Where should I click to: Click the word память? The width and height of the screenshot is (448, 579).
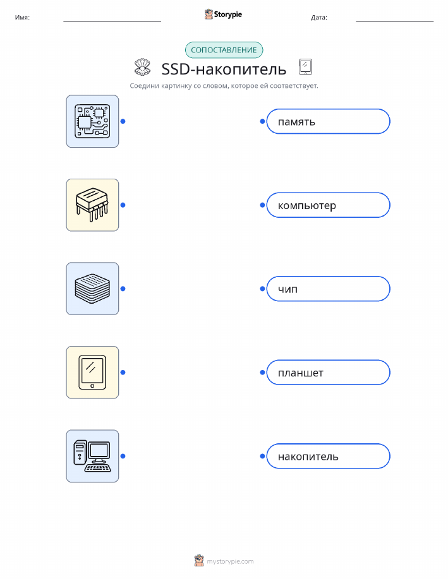(x=296, y=122)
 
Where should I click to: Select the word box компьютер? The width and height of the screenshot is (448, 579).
(x=328, y=205)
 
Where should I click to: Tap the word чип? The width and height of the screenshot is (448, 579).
(x=288, y=289)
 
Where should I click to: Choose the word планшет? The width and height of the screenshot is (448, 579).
(x=301, y=373)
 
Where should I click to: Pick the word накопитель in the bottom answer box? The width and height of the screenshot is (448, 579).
(x=308, y=457)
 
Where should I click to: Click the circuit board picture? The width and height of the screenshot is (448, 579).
(x=92, y=121)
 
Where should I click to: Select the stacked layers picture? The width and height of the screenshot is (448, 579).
(x=92, y=289)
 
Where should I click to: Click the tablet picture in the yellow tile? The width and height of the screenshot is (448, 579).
(x=92, y=373)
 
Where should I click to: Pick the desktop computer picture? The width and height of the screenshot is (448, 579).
(x=92, y=456)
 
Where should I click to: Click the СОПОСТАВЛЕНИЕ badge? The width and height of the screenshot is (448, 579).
(x=224, y=51)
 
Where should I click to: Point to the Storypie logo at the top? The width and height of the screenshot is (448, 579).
(x=223, y=15)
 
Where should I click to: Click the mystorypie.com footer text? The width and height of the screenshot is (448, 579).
(x=230, y=561)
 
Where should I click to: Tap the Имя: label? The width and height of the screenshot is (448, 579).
(x=22, y=17)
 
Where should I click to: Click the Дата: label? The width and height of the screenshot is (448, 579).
(x=319, y=17)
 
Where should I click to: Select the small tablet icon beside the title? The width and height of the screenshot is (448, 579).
(x=305, y=67)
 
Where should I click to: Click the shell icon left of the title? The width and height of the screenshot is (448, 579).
(x=142, y=67)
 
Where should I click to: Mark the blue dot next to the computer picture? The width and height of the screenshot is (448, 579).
(x=123, y=456)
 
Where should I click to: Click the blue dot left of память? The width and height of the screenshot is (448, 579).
(x=262, y=121)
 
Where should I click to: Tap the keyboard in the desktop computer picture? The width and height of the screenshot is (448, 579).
(x=98, y=469)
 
